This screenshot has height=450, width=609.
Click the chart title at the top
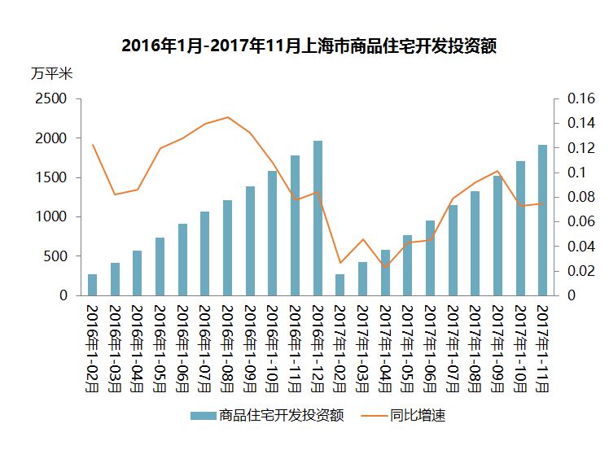(309, 46)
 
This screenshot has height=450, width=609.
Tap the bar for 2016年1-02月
(93, 285)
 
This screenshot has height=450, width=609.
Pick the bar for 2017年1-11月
(542, 220)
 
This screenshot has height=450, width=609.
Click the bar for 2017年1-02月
(340, 285)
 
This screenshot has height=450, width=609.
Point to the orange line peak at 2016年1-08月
(228, 117)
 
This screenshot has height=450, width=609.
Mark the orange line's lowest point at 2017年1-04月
(385, 268)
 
